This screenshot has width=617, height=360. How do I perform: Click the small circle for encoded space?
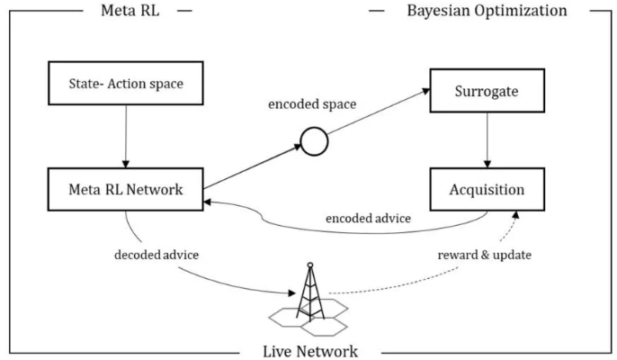pos(313,142)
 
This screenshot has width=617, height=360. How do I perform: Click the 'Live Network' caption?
pos(311,351)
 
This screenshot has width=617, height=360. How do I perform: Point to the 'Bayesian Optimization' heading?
pos(487,11)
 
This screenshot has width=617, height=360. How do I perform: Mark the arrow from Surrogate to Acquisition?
pos(487,140)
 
